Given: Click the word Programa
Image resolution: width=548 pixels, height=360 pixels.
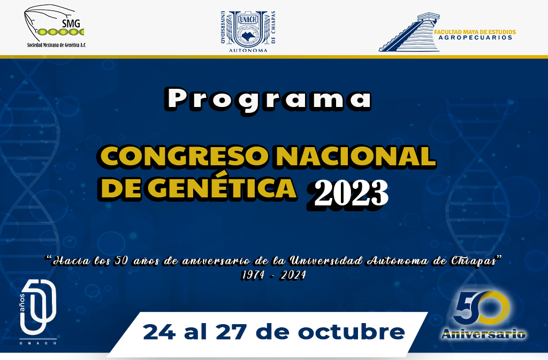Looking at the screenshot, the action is click(x=269, y=99).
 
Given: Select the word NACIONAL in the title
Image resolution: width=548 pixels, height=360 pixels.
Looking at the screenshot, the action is click(x=356, y=156).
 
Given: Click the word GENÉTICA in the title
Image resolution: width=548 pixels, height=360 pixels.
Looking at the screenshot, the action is click(x=222, y=188).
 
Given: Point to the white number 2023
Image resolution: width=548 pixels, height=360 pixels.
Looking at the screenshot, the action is click(x=349, y=194).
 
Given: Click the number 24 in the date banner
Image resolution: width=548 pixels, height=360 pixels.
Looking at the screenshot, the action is click(x=159, y=332).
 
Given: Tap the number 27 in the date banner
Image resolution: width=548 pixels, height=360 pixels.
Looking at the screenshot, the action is click(x=231, y=332).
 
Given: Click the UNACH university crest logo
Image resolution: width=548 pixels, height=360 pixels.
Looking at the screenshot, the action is click(x=248, y=29).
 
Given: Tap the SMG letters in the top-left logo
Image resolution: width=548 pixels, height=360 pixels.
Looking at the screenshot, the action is click(x=71, y=24).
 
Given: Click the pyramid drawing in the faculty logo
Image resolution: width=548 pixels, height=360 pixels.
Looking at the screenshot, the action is click(x=409, y=33).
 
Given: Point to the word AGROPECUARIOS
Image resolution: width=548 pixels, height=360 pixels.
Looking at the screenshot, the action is click(x=475, y=37).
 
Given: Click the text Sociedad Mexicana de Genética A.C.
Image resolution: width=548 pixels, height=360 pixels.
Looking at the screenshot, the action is click(x=57, y=45).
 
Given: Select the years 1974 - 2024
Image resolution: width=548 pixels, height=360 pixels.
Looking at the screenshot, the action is click(x=274, y=275).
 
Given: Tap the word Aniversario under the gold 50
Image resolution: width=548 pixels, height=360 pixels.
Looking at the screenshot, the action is click(x=484, y=334).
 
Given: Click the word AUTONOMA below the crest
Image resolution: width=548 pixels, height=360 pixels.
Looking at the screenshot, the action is click(x=248, y=50).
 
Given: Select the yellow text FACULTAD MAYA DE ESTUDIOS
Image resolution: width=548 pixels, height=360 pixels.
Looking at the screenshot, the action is click(x=475, y=32).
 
